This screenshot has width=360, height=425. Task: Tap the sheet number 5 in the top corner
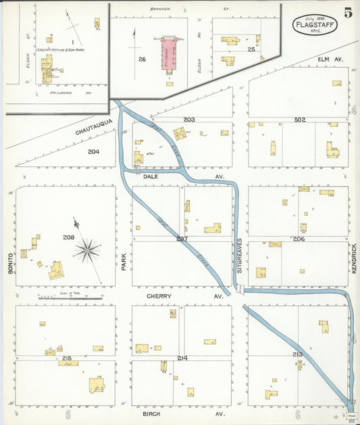[347, 13]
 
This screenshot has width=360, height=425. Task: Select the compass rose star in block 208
[87, 250]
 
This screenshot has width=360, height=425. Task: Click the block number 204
[93, 151]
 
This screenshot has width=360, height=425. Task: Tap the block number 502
[300, 120]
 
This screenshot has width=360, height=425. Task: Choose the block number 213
[298, 354]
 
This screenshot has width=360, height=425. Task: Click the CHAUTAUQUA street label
[91, 133]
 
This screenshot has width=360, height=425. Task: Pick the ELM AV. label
[331, 59]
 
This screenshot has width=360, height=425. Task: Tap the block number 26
[142, 59]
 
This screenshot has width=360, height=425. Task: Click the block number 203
[188, 120]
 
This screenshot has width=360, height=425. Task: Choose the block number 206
[299, 239]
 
